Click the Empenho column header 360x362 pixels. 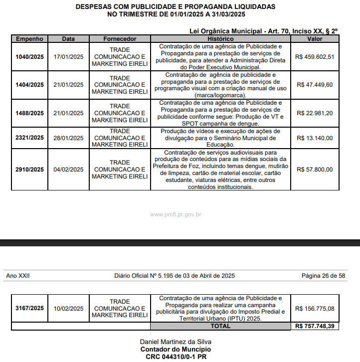coord(30,39)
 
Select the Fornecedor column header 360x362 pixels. coord(120,39)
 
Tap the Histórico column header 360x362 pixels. coord(220,39)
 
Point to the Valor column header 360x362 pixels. coord(315,39)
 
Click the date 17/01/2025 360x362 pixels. coord(68,56)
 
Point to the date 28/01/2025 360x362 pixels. coord(68,138)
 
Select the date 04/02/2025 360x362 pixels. coord(68,170)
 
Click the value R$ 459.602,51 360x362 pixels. coord(315,56)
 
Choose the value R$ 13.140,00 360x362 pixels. coord(315,138)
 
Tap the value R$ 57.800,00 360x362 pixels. coord(315,170)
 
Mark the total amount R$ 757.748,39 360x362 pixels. coord(315,326)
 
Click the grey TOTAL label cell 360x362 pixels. coord(220,326)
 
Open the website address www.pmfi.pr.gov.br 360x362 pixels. coord(176,214)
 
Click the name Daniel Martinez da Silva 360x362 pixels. coord(176,342)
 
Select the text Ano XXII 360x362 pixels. coord(18,276)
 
